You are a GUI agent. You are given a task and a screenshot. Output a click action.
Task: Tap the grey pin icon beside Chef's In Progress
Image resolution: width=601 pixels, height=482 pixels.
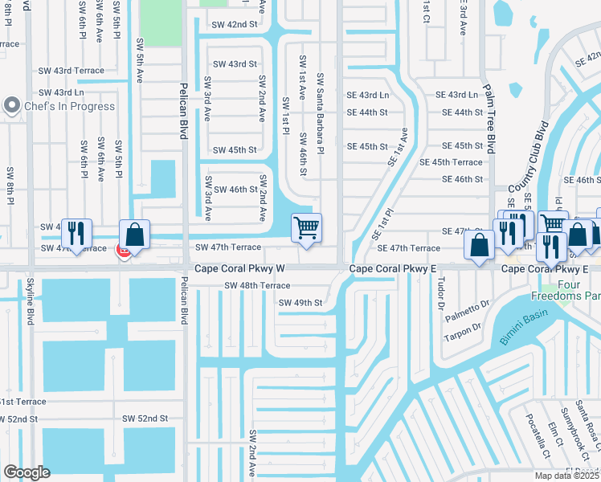point(12,105)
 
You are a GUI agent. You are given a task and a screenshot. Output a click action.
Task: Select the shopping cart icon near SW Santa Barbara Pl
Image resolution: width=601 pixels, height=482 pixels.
point(306,229)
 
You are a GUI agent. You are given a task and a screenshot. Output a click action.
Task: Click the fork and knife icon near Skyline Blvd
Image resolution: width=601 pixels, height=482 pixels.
point(76,233)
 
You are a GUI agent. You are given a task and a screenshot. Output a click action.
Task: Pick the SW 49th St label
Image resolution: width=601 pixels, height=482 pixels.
point(300,303)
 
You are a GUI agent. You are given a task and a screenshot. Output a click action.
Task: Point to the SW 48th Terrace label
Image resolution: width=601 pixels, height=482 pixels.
point(257,285)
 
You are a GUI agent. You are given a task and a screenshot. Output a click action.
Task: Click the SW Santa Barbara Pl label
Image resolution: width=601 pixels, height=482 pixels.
point(320,113)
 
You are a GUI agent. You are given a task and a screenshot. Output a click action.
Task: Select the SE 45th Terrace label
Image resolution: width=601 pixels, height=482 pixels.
point(451,162)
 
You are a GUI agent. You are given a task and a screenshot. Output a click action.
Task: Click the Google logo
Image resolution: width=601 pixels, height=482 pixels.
point(27,472)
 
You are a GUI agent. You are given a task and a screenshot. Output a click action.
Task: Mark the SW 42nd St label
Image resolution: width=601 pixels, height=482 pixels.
point(235,25)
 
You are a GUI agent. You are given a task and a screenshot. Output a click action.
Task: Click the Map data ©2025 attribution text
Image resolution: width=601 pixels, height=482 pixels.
point(567,476)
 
